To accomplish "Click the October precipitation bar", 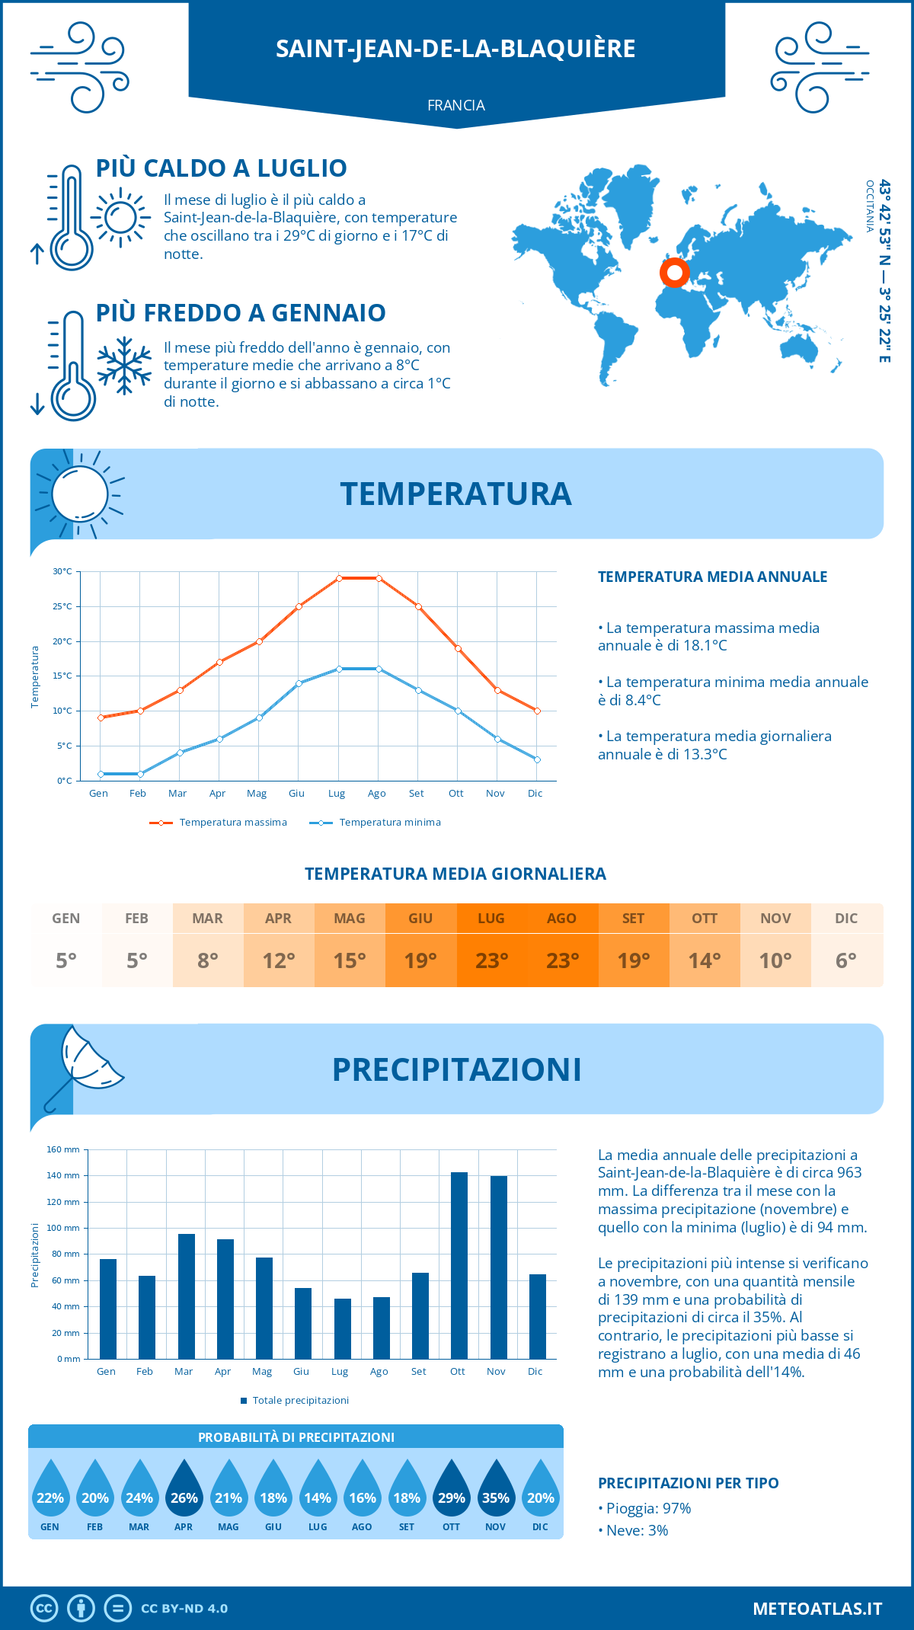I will [x=459, y=1265].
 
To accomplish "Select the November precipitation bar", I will [x=498, y=1267].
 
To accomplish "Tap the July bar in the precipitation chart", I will [x=342, y=1328].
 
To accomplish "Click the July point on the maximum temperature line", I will [x=339, y=578].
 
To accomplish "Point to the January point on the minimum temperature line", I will [x=101, y=774].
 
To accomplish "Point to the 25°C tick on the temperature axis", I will [x=62, y=606].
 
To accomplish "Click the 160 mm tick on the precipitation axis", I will [x=64, y=1149].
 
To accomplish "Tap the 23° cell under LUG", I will [x=491, y=960].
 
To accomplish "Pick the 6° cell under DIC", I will [x=846, y=960].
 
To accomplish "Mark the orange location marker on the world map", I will [x=674, y=272].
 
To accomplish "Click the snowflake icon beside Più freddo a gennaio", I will [x=124, y=366].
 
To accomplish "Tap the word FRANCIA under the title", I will [x=456, y=105].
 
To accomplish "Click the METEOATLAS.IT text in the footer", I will [x=817, y=1609].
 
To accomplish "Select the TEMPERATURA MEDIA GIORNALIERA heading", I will [x=455, y=874].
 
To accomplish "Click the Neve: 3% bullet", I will [x=634, y=1530].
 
